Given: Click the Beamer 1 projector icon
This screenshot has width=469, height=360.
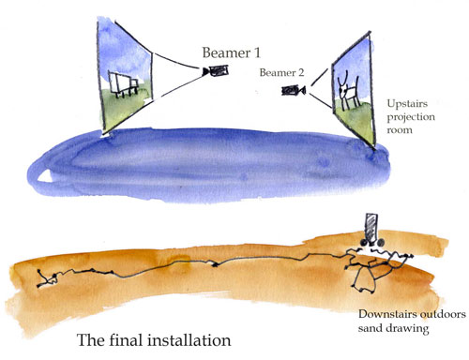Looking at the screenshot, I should [219, 70].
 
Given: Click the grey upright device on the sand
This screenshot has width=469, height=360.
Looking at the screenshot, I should [370, 228].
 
